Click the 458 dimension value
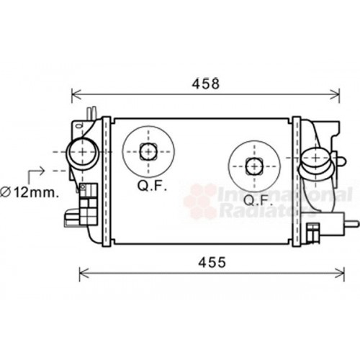206,84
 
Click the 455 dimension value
212,262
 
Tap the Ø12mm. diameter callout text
30,192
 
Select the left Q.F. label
152,186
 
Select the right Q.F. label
258,200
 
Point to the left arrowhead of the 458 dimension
76,94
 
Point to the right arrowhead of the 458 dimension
335,94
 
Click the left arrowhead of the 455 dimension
84,273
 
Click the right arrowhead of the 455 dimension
340,273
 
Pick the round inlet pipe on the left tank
83,152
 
